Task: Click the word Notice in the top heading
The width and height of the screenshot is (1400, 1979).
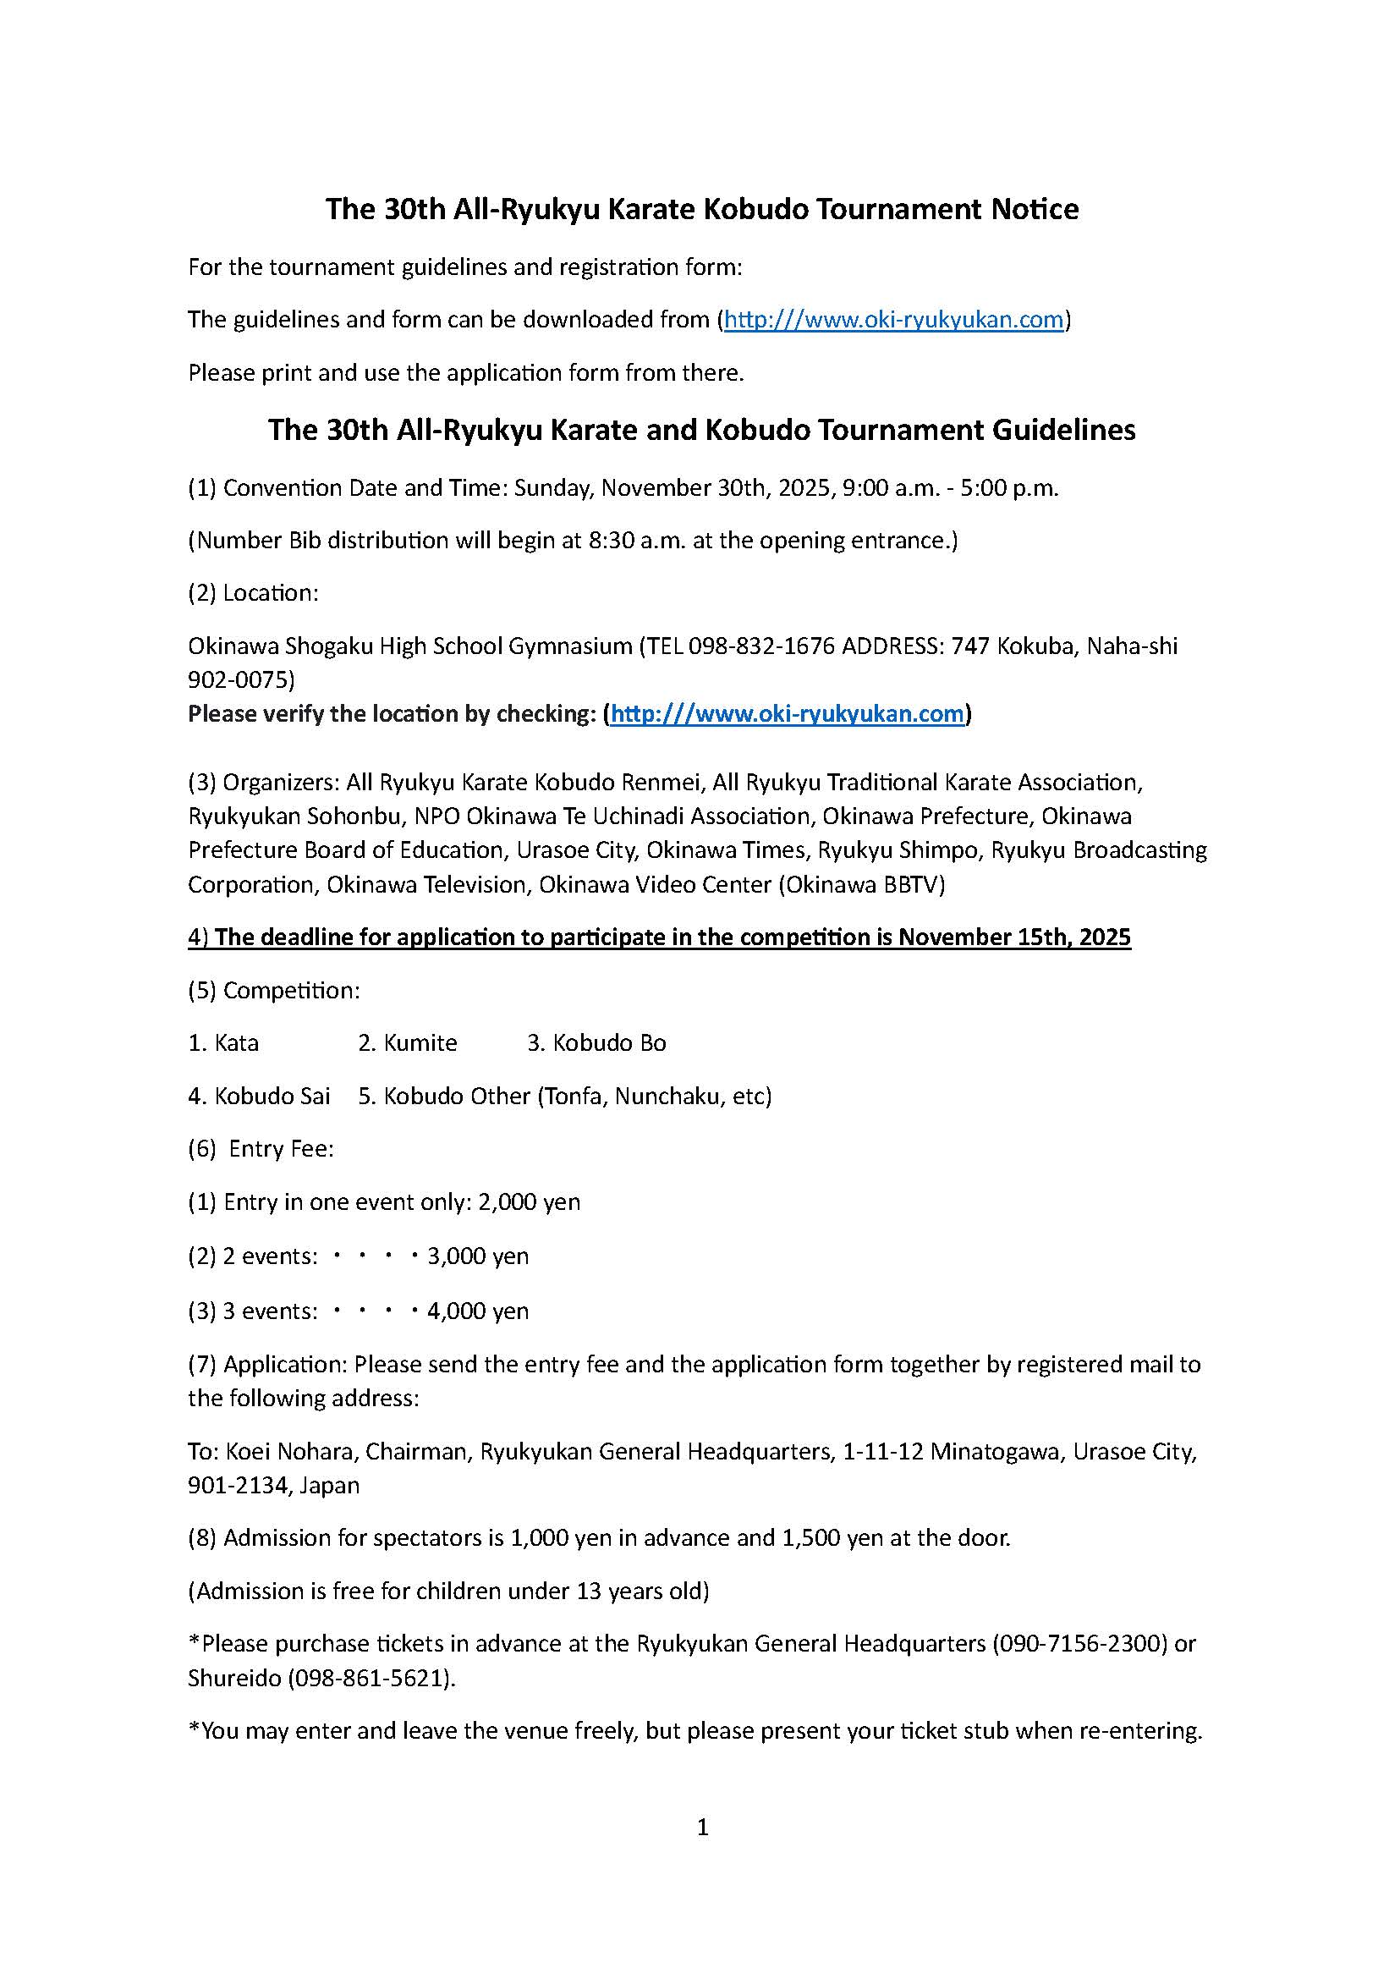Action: click(1035, 210)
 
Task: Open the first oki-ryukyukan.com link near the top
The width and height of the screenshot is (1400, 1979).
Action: click(893, 320)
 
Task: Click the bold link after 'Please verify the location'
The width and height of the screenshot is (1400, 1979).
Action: click(786, 714)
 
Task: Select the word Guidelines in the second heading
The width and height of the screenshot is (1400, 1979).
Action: click(1063, 430)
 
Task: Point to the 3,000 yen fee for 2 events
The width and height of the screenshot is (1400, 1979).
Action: click(478, 1256)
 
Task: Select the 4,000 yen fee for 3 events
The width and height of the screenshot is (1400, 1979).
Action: click(478, 1311)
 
